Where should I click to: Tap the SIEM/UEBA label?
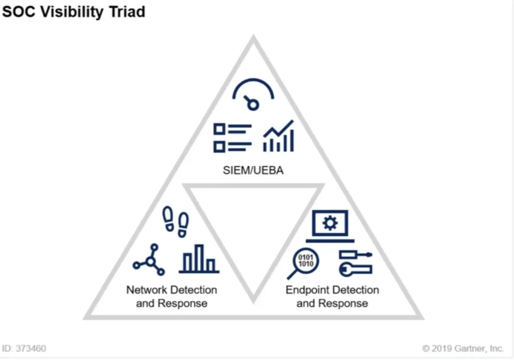[253, 170]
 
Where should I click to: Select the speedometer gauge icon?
[253, 95]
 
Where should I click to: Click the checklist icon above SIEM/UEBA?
[232, 137]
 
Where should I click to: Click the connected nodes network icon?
[149, 260]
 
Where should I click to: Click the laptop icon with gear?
[330, 225]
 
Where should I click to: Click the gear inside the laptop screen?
[330, 223]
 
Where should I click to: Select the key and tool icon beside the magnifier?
[355, 262]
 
